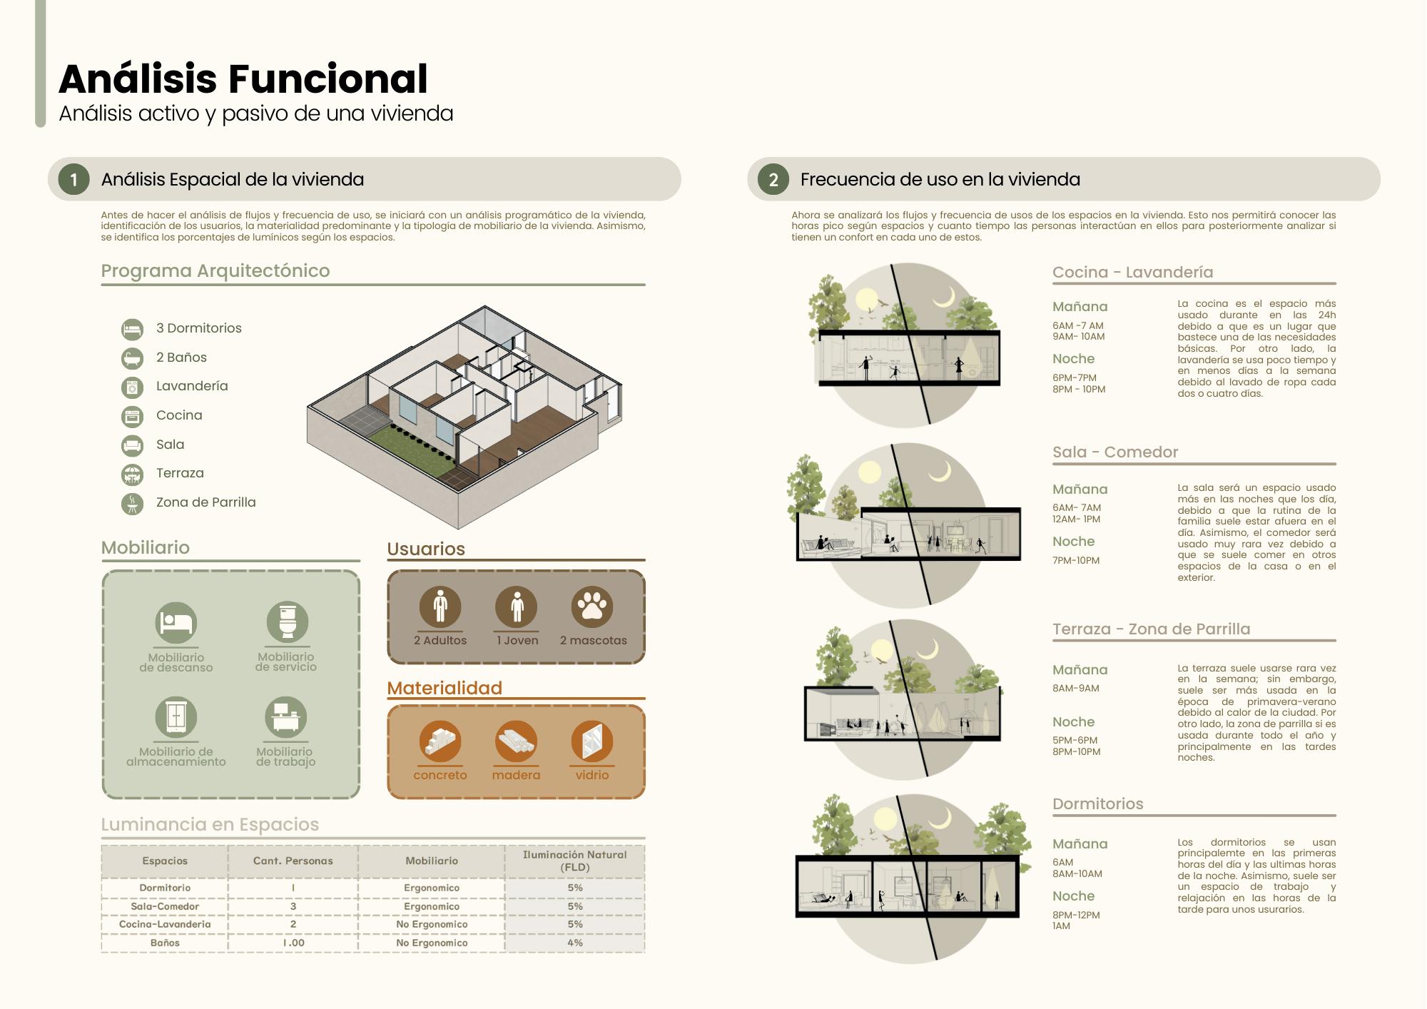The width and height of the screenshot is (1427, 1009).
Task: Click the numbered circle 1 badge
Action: tap(73, 179)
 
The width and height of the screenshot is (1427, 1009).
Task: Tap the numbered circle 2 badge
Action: tap(773, 179)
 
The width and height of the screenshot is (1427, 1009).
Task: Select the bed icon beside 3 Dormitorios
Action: tap(132, 329)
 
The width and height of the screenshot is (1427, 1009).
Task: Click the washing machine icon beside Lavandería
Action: tap(132, 387)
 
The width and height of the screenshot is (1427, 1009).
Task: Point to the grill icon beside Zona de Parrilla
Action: tap(132, 503)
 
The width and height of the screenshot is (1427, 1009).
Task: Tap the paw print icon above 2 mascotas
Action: tap(591, 607)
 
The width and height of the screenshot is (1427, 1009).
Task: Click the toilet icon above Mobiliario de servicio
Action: tap(287, 622)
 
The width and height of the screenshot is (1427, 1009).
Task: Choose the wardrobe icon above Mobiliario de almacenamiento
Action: tap(176, 716)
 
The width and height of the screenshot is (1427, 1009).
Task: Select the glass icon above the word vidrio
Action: tap(591, 741)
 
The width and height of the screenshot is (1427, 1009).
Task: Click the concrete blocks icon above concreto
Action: tap(440, 741)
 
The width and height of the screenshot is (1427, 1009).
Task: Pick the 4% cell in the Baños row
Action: tap(575, 943)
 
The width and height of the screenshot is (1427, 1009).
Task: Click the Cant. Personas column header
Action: tap(293, 861)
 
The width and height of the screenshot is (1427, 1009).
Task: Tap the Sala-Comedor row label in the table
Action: tap(165, 906)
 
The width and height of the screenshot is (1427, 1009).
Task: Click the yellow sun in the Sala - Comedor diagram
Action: tap(870, 472)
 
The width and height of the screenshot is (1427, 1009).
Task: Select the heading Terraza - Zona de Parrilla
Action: tap(1151, 629)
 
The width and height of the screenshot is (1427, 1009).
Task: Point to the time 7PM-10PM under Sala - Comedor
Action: tap(1076, 561)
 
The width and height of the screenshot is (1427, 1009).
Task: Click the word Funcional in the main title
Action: tap(328, 78)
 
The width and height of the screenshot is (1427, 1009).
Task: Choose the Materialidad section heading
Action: tap(445, 688)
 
